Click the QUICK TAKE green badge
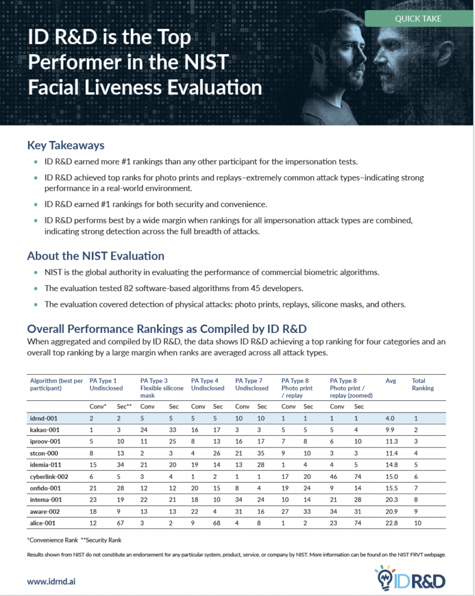pos(419,19)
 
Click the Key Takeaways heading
pos(66,146)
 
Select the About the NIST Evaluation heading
pos(96,256)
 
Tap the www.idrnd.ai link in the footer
pos(51,581)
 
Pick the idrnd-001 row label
pos(44,418)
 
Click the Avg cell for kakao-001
pos(390,430)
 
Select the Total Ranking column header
pos(423,384)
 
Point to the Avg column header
pos(391,381)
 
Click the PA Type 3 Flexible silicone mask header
pos(162,388)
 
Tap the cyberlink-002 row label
pos(49,477)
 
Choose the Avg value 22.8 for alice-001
pos(391,523)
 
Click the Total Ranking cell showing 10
pos(417,523)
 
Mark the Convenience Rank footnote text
pos(52,540)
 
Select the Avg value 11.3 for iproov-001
pos(392,441)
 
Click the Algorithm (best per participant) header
pos(56,384)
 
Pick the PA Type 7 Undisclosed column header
pos(251,384)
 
